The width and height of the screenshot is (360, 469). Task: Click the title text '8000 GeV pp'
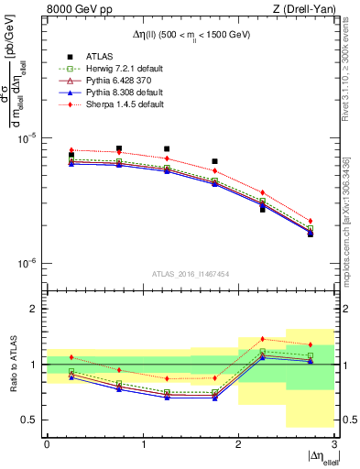(76, 10)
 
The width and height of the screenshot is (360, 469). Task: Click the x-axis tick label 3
(334, 443)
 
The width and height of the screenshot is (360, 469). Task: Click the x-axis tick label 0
(47, 443)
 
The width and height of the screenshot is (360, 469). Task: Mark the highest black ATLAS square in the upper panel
(119, 148)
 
